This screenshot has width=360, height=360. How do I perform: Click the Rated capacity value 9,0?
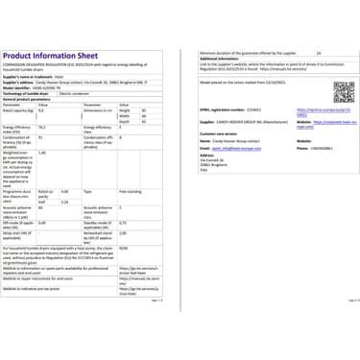coord(42,111)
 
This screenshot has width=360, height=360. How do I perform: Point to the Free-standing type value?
coord(130,191)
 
